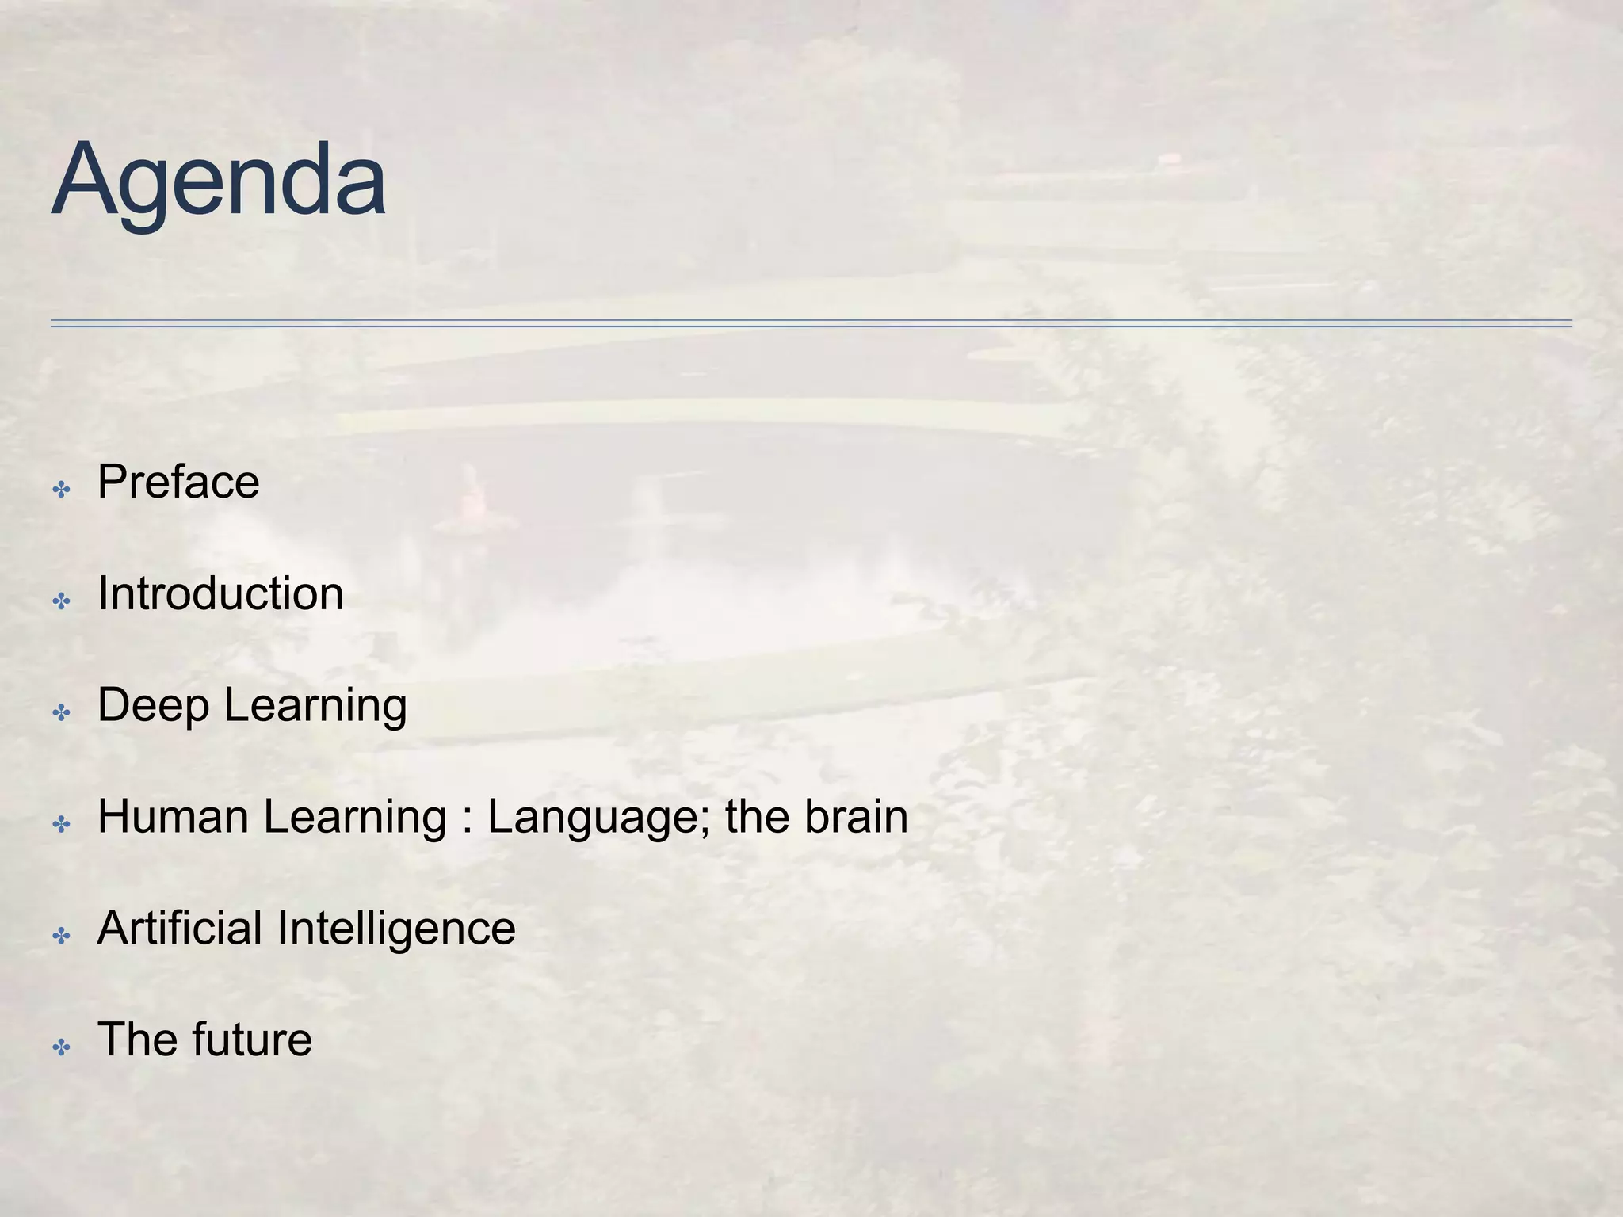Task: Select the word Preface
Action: point(178,482)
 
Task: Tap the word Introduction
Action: point(220,593)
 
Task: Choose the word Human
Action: point(174,817)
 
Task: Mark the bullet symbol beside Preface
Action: point(61,490)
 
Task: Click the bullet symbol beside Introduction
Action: point(61,601)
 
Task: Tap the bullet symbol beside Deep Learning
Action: point(61,713)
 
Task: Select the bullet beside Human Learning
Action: point(61,825)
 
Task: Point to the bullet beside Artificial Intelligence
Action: point(61,937)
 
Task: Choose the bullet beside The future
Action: point(61,1048)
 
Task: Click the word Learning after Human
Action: point(355,817)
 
